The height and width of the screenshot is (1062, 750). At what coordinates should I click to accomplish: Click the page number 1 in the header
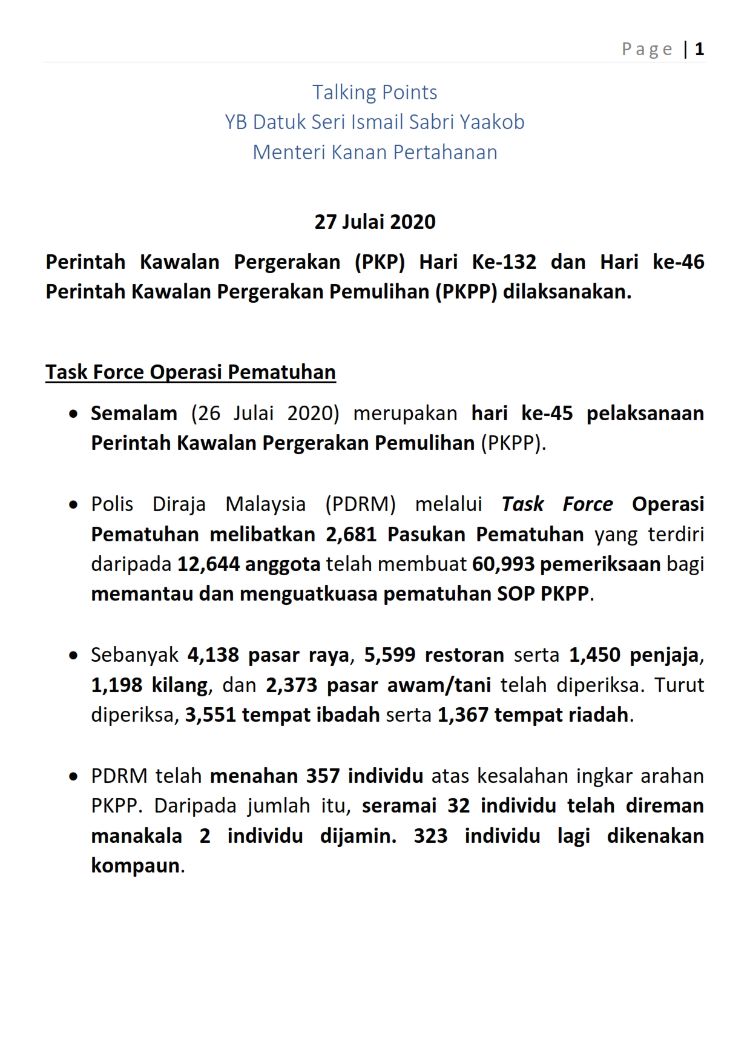pyautogui.click(x=699, y=49)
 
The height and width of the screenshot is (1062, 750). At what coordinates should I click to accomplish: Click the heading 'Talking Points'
pyautogui.click(x=375, y=92)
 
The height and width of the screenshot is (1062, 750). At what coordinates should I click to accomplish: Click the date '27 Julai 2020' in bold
pyautogui.click(x=375, y=222)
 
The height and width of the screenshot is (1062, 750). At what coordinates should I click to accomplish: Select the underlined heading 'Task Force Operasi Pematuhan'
pyautogui.click(x=191, y=372)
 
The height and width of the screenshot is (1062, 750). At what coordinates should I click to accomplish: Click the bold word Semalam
pyautogui.click(x=134, y=413)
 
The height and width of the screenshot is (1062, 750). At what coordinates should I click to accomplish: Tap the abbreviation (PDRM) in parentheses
pyautogui.click(x=360, y=504)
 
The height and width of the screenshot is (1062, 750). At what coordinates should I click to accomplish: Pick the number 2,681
pyautogui.click(x=350, y=534)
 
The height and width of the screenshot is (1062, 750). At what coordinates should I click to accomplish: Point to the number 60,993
pyautogui.click(x=503, y=564)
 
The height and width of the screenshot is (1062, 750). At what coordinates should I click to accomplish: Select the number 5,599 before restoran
pyautogui.click(x=389, y=655)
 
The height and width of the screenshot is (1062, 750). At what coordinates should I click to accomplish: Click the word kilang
pyautogui.click(x=179, y=685)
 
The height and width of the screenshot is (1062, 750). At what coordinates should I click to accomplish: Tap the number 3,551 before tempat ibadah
pyautogui.click(x=210, y=715)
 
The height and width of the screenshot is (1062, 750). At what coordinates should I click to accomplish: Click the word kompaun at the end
pyautogui.click(x=136, y=866)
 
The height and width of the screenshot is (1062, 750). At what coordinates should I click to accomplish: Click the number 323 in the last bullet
pyautogui.click(x=430, y=836)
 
